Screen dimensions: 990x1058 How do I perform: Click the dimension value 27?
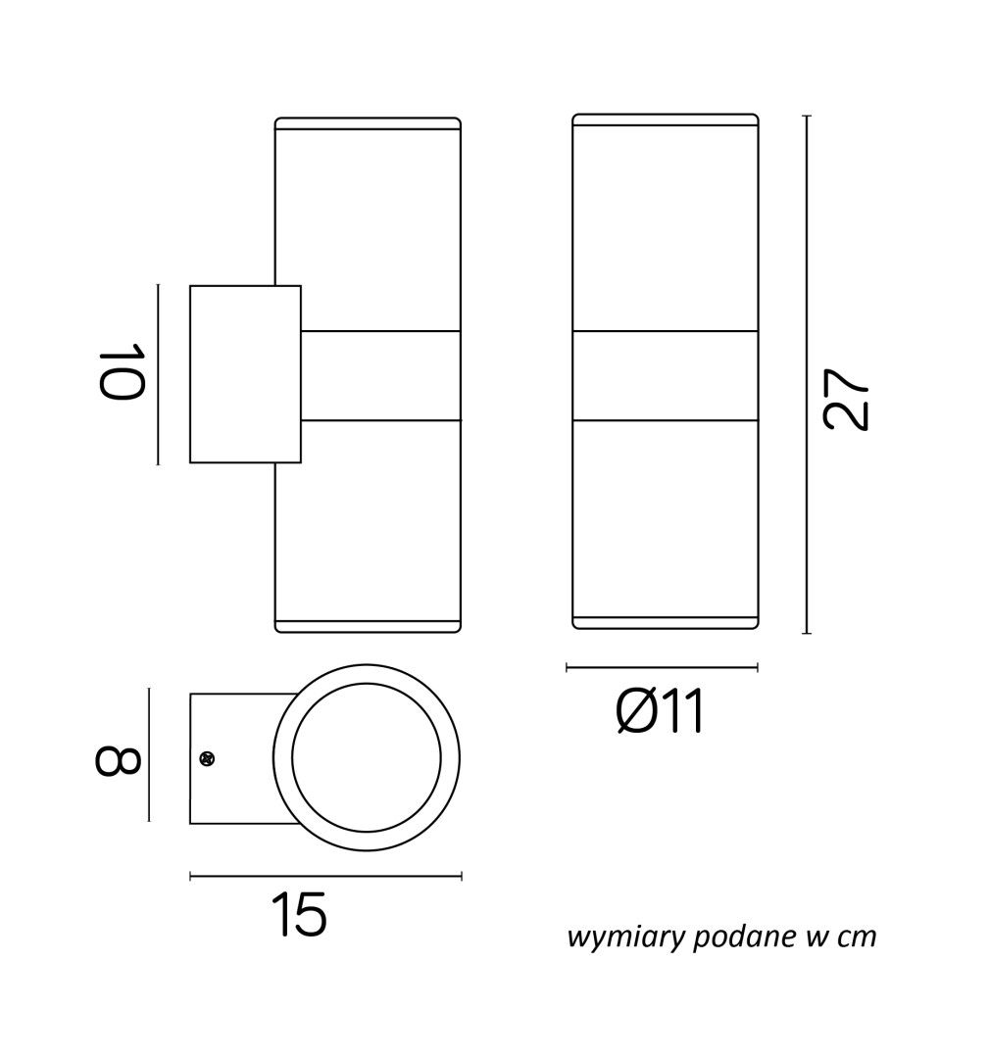tap(846, 399)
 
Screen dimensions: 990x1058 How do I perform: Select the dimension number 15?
tap(300, 914)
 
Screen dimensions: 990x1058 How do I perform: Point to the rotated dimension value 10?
tap(123, 372)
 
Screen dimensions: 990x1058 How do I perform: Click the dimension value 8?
tap(118, 760)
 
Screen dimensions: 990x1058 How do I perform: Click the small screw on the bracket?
tap(208, 758)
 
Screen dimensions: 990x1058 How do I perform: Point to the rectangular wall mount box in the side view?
tap(245, 374)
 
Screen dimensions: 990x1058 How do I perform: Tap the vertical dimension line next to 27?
tap(806, 374)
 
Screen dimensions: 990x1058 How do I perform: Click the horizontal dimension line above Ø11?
tap(662, 667)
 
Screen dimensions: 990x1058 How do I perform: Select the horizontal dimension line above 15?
tap(325, 877)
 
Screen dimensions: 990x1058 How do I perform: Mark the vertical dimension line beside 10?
tap(158, 374)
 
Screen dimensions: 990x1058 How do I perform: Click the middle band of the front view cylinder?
tap(666, 376)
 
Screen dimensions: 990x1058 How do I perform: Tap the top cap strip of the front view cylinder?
tap(666, 120)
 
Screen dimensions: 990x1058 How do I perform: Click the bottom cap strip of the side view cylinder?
tap(368, 625)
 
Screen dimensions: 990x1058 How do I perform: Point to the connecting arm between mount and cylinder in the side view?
tap(381, 376)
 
